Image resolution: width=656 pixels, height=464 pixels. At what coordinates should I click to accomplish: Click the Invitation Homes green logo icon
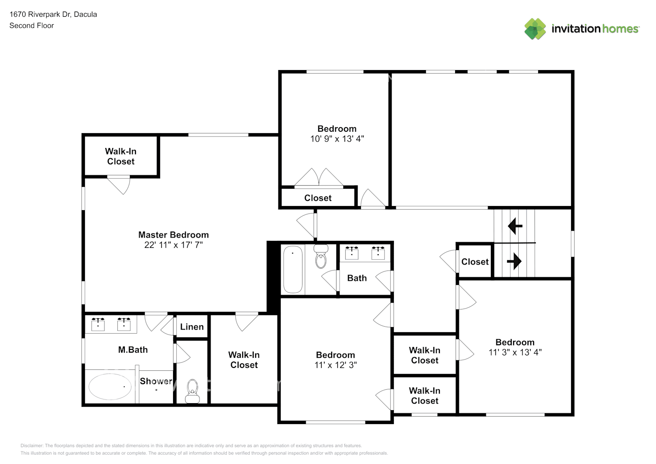pyautogui.click(x=535, y=29)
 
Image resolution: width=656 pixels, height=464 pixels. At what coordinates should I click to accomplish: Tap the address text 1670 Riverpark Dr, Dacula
pyautogui.click(x=53, y=14)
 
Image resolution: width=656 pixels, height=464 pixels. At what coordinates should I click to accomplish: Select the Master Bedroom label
pyautogui.click(x=174, y=235)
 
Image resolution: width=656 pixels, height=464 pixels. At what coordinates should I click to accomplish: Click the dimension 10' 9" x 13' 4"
pyautogui.click(x=337, y=139)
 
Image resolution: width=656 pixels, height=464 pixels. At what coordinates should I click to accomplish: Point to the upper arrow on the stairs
pyautogui.click(x=515, y=226)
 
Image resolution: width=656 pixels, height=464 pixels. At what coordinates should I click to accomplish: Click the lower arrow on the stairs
pyautogui.click(x=514, y=262)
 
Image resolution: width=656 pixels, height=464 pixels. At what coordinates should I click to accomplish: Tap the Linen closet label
pyautogui.click(x=192, y=327)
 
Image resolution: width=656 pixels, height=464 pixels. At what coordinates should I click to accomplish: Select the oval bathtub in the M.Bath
pyautogui.click(x=110, y=387)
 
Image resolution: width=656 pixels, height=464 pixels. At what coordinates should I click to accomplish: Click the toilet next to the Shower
pyautogui.click(x=192, y=391)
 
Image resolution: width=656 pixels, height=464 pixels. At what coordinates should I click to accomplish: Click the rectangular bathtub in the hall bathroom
pyautogui.click(x=293, y=270)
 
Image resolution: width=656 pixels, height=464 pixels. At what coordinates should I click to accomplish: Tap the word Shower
pyautogui.click(x=156, y=381)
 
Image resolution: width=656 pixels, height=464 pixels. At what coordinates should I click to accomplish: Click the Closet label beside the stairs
pyautogui.click(x=475, y=262)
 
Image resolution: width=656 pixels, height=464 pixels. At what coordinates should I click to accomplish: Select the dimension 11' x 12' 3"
pyautogui.click(x=335, y=365)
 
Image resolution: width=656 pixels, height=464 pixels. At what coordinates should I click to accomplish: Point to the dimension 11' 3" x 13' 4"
pyautogui.click(x=515, y=352)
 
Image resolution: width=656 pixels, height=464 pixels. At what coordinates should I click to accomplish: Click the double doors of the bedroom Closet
pyautogui.click(x=319, y=178)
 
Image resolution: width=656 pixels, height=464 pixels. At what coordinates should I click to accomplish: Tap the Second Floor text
pyautogui.click(x=32, y=26)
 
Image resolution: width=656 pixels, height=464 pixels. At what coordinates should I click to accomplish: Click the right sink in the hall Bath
pyautogui.click(x=378, y=253)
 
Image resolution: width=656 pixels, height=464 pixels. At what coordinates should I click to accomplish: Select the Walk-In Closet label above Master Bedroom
pyautogui.click(x=121, y=156)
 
